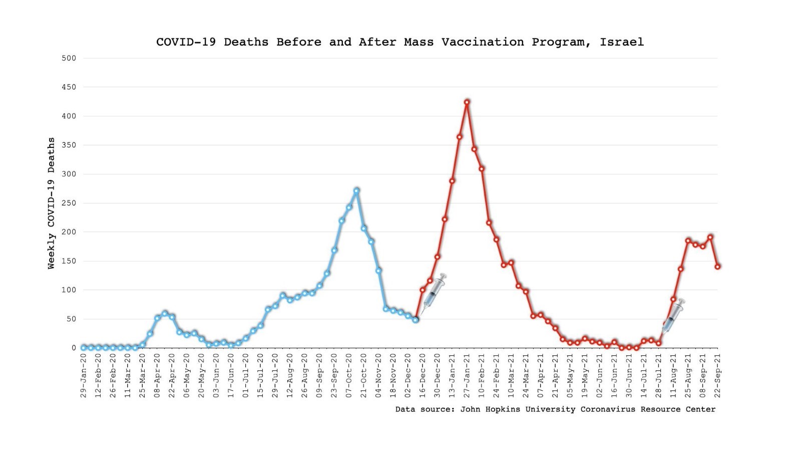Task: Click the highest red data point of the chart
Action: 467,102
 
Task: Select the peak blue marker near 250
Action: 356,191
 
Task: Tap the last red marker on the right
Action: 717,267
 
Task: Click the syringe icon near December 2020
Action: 434,294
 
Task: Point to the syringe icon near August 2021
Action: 673,316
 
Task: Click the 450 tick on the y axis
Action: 69,87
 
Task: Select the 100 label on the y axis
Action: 69,290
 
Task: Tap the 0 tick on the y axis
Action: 74,348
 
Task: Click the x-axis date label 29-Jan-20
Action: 83,375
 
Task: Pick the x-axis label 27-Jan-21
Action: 467,375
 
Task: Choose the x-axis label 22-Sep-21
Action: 717,375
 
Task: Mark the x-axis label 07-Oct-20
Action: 348,375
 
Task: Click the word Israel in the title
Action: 621,42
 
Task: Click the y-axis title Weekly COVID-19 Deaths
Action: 52,203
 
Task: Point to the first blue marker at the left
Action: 83,348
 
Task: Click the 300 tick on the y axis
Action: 69,174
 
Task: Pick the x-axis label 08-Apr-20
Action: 157,375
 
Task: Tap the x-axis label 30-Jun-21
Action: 629,375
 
